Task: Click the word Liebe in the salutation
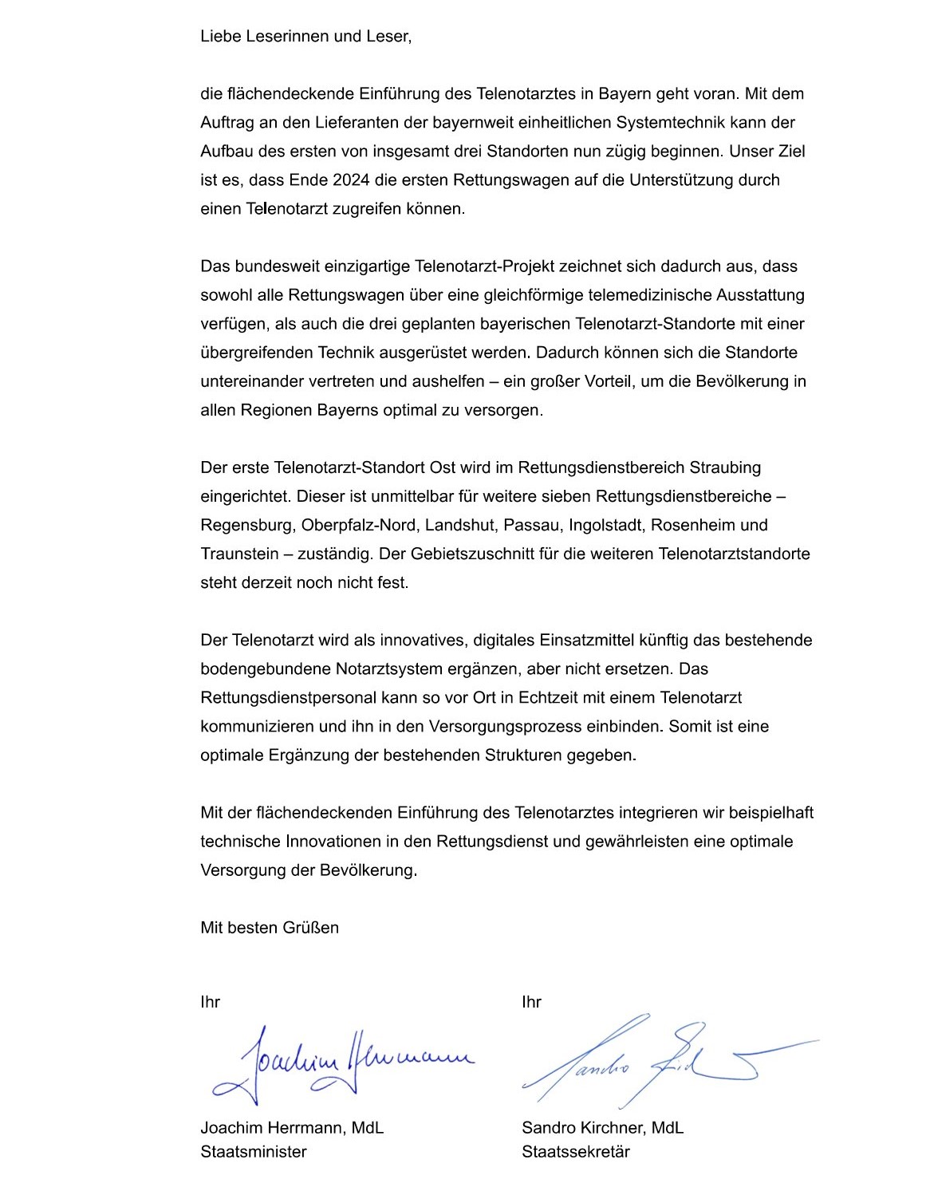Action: pyautogui.click(x=219, y=37)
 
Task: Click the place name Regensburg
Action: pyautogui.click(x=247, y=526)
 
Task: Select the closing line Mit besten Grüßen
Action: pyautogui.click(x=270, y=928)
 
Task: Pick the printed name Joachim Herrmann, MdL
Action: pyautogui.click(x=292, y=1128)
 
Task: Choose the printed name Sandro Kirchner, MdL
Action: pyautogui.click(x=602, y=1128)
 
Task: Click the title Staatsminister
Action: pyautogui.click(x=254, y=1152)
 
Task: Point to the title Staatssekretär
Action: pyautogui.click(x=576, y=1152)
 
